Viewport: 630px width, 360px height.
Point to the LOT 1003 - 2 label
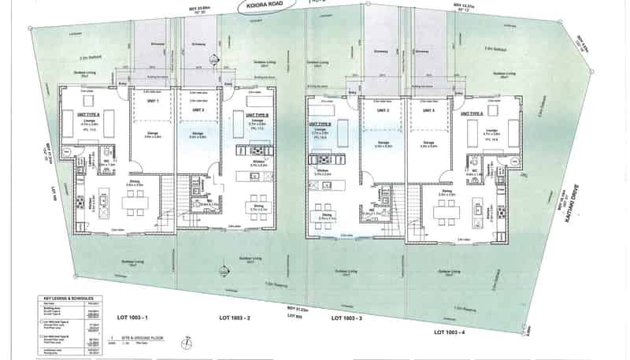tap(234, 317)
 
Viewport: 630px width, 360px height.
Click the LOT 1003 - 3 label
tap(346, 318)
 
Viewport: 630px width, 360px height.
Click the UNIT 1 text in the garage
tap(153, 102)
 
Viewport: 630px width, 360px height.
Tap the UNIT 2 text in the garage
tap(199, 109)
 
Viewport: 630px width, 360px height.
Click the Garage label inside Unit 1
tap(153, 134)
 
